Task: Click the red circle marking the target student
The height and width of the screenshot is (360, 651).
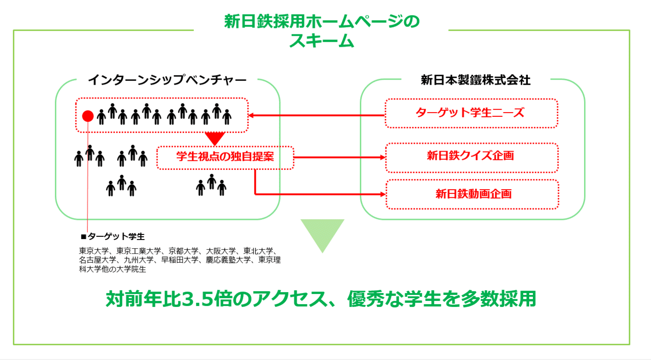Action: coord(88,116)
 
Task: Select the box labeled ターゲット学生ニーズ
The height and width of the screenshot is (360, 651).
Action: coord(471,113)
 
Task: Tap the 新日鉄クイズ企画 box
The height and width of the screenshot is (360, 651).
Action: coord(472,157)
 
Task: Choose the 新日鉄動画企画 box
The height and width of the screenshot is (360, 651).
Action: coord(472,194)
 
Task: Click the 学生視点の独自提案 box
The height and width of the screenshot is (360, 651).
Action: coord(226,157)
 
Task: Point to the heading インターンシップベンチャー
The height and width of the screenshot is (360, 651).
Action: coord(167,80)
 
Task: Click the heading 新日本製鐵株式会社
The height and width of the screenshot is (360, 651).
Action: coord(476,80)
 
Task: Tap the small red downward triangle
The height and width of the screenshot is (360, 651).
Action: coord(215,138)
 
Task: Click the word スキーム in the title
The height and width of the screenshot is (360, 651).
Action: coord(322,41)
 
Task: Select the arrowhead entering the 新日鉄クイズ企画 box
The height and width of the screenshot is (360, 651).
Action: coord(383,157)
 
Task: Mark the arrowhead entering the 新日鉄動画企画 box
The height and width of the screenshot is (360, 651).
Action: coord(383,194)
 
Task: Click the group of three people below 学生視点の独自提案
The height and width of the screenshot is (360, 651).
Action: coord(211,185)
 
